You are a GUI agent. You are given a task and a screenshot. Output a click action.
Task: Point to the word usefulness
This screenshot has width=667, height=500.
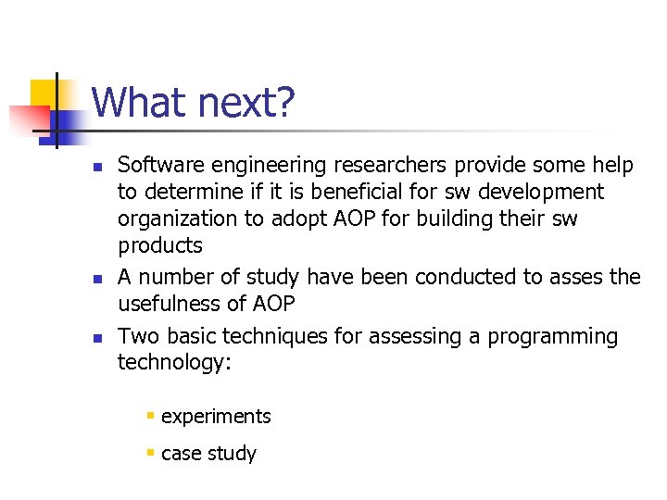(170, 304)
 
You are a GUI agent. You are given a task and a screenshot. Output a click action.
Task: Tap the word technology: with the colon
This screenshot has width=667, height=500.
(173, 363)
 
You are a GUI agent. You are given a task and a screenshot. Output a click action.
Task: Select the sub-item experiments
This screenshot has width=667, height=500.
(216, 417)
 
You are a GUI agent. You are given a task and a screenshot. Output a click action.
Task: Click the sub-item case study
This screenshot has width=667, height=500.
(208, 454)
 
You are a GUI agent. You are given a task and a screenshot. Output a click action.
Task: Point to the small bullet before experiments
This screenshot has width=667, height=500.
(149, 417)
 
